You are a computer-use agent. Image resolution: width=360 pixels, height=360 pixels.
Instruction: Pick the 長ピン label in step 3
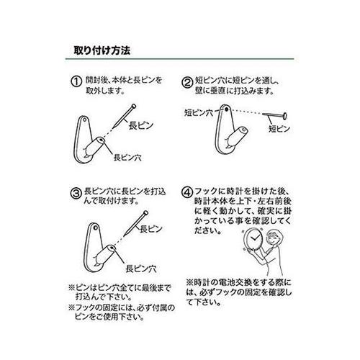point(148,230)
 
